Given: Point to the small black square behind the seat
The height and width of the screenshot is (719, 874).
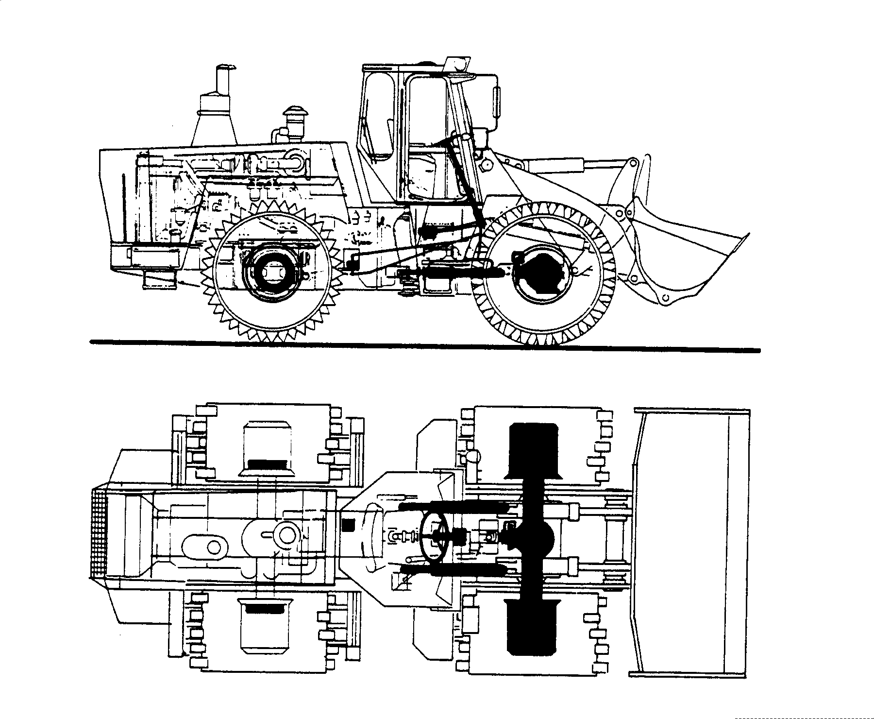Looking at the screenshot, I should pyautogui.click(x=348, y=525).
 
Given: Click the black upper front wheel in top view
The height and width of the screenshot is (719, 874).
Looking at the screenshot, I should pyautogui.click(x=533, y=449).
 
